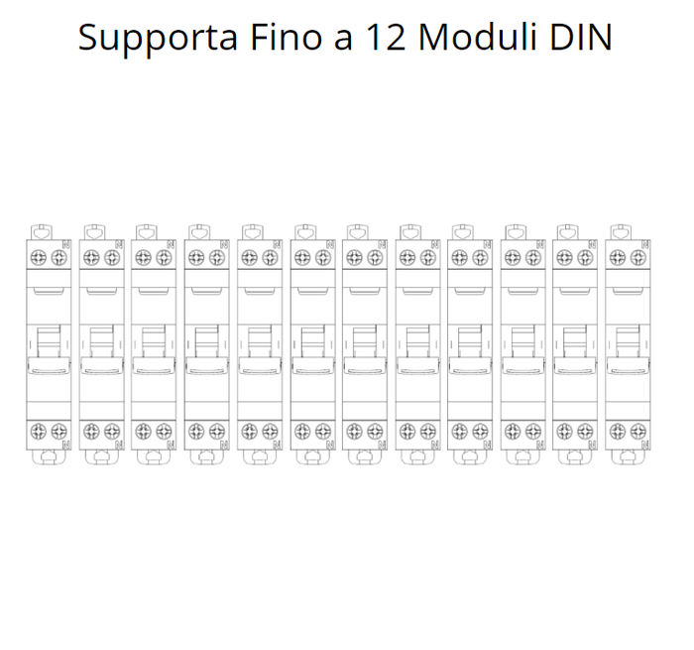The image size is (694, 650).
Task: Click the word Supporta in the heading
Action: [x=158, y=39]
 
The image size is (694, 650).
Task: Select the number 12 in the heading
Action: [x=386, y=38]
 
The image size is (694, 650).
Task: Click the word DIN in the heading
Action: [x=581, y=38]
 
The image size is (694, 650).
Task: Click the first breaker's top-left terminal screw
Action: [x=39, y=257]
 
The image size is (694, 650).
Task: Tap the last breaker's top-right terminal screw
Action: [x=637, y=257]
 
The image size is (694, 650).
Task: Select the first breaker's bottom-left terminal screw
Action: [x=39, y=431]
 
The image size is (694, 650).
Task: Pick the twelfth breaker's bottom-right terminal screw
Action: [x=637, y=431]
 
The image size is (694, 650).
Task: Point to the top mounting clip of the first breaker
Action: [x=42, y=232]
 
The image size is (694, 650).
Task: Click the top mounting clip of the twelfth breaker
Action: [x=621, y=232]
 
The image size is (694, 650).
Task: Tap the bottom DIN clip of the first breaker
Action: [x=49, y=456]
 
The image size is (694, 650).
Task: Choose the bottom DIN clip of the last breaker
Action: [x=628, y=456]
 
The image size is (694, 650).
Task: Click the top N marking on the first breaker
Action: [x=66, y=244]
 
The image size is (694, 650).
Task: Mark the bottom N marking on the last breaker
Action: [x=645, y=445]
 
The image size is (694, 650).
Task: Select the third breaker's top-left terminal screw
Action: [x=144, y=257]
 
